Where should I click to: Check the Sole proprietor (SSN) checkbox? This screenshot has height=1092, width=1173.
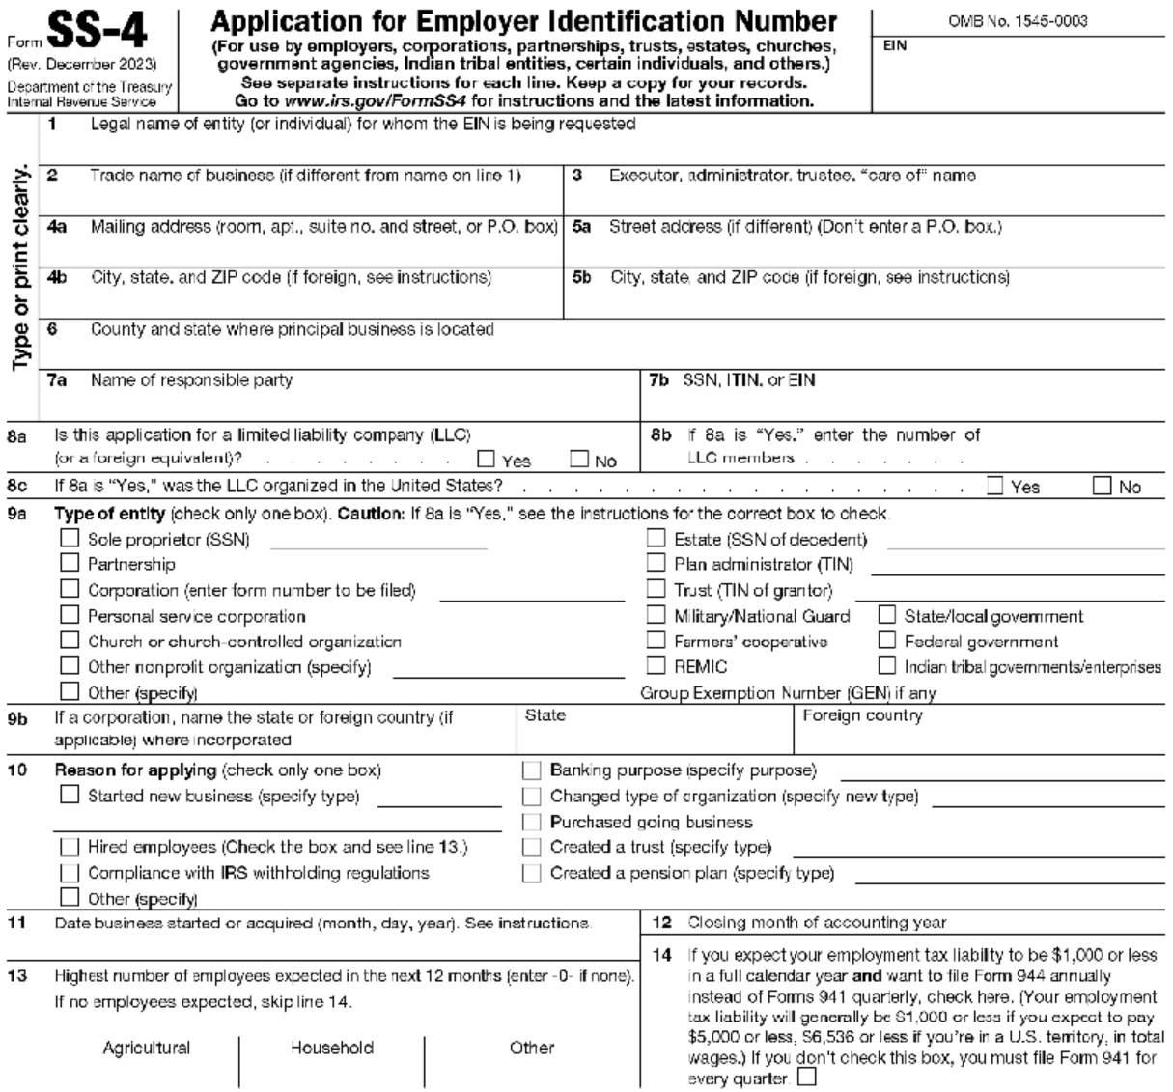pos(70,539)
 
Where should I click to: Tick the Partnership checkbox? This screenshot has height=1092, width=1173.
pos(70,563)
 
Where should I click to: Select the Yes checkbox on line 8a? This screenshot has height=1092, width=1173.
pos(487,460)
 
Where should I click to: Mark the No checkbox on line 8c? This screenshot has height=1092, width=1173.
pos(1103,486)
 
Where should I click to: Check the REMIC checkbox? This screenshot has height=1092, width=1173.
pos(656,665)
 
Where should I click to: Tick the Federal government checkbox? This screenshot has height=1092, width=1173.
pos(887,640)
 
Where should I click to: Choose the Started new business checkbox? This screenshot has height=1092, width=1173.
pos(70,795)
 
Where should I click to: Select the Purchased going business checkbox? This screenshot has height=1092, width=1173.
pos(531,822)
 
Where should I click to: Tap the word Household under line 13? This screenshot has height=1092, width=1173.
pos(332,1048)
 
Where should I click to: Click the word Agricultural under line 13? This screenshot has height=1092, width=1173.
pos(147,1048)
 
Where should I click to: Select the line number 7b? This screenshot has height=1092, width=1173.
pos(659,380)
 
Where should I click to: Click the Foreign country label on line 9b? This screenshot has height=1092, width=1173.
pos(862,716)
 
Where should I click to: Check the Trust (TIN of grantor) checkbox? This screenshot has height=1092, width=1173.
pos(656,589)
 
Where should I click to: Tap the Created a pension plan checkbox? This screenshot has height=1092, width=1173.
pos(531,873)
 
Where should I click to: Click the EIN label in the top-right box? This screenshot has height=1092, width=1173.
pos(895,45)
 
